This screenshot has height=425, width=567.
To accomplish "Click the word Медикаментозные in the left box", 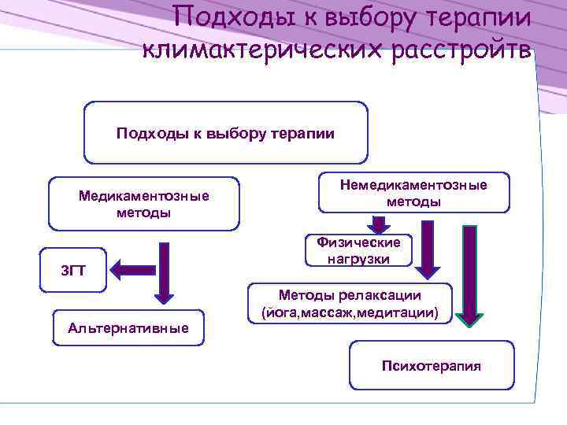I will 143,195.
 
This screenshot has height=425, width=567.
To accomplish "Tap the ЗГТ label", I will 73,272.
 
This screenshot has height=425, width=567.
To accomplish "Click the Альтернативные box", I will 128,327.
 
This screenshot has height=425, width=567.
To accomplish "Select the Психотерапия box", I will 431,365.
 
